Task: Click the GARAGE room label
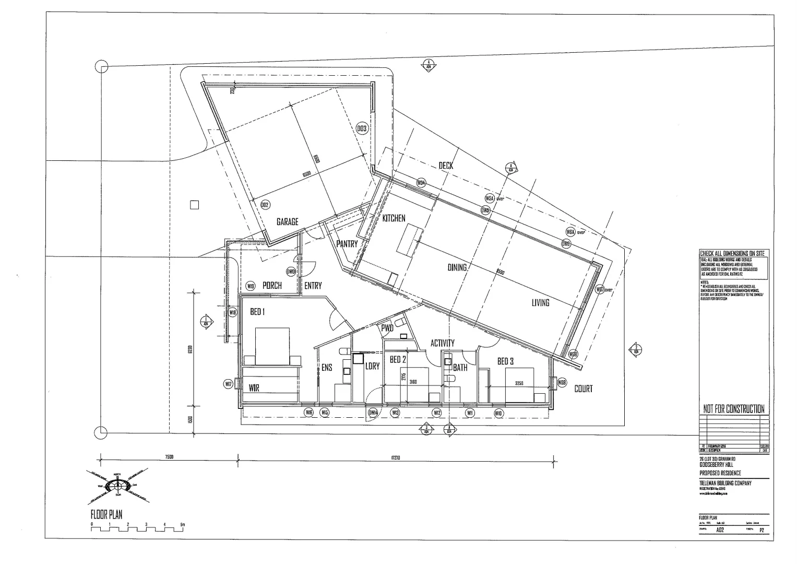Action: click(x=287, y=222)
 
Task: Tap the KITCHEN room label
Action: click(x=394, y=218)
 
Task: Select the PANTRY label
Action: click(x=347, y=244)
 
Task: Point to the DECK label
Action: click(x=446, y=166)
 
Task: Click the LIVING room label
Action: click(x=540, y=302)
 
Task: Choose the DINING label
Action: click(x=457, y=267)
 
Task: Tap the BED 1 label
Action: click(x=257, y=312)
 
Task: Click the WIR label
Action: click(x=254, y=388)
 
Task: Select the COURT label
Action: click(x=583, y=389)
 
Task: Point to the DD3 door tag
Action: click(x=362, y=128)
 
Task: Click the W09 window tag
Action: click(x=562, y=383)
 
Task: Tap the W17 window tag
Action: click(x=228, y=384)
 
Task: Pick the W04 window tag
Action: click(x=421, y=183)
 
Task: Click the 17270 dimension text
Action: click(x=396, y=457)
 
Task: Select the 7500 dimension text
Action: click(x=169, y=457)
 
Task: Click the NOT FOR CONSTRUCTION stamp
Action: click(x=733, y=409)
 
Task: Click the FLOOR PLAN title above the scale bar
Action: click(x=106, y=515)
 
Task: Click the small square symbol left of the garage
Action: click(x=194, y=205)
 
